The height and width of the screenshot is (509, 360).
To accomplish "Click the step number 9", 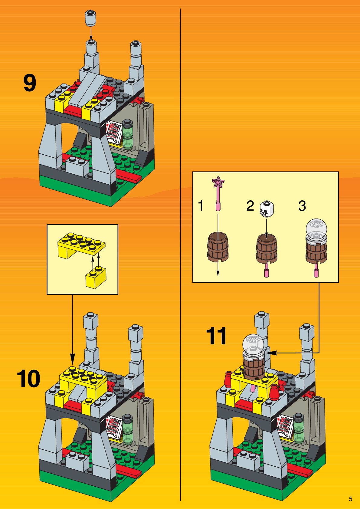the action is pos(30,83).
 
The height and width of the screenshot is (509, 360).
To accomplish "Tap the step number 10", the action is pos(28,379).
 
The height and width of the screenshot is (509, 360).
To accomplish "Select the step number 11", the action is pos(216,336).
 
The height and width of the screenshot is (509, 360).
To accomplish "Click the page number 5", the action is pos(350,499).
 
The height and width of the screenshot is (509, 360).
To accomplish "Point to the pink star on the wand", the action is pos(218,182).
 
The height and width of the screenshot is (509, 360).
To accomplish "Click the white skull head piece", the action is pos(266,209).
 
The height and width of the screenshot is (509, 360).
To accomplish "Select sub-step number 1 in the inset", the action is pos(201,206).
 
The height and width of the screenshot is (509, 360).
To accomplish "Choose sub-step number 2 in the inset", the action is pos(250,206).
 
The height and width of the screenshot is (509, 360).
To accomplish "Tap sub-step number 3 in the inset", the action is pos(302,206).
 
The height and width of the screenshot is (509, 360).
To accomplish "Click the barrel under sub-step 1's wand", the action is pos(218,247).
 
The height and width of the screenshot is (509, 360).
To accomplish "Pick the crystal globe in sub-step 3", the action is pos(316,228).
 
